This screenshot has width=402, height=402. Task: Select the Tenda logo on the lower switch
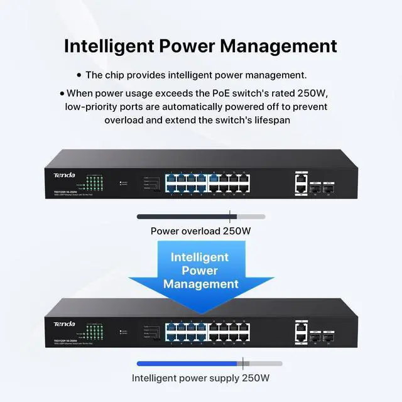click(63, 323)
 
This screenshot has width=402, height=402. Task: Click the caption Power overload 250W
click(201, 231)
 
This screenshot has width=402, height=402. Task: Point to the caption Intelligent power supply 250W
click(201, 378)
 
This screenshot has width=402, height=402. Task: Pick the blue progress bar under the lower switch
click(189, 364)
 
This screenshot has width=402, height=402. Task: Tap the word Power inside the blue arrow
click(200, 270)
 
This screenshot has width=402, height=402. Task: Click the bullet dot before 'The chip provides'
click(79, 75)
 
